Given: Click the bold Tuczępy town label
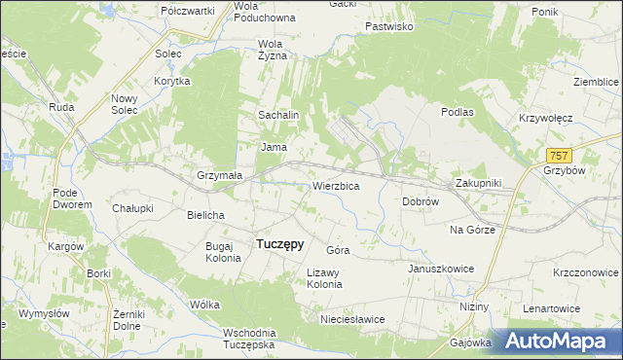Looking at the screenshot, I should click(x=278, y=244).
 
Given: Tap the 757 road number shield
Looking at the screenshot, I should click(x=558, y=156).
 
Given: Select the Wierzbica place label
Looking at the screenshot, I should click(x=337, y=185).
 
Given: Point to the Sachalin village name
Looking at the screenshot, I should click(x=277, y=115).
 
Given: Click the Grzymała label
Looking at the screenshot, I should click(x=219, y=175).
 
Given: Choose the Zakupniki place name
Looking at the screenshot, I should click(x=478, y=183).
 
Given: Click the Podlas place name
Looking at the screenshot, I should click(x=457, y=112).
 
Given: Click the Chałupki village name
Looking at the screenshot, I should click(x=133, y=208).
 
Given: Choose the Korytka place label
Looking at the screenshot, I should click(x=171, y=82).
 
